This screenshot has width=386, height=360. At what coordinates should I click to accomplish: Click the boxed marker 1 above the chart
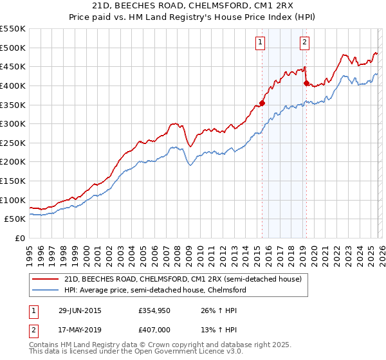pos(261,43)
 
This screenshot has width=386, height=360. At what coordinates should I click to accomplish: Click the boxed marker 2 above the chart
pos(304,43)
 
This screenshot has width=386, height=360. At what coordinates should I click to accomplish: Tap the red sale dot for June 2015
pos(262,103)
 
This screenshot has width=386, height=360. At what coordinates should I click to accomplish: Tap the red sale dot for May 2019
pos(306,83)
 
